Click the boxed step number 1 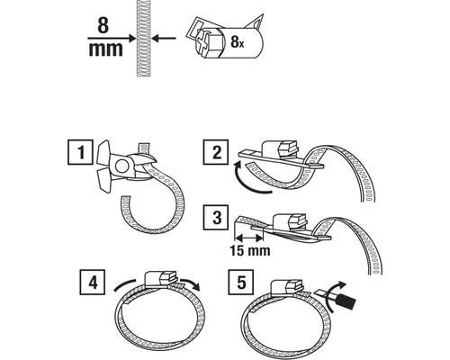pyautogui.click(x=80, y=151)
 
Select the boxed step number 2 pyautogui.click(x=216, y=152)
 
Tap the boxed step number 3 pyautogui.click(x=216, y=218)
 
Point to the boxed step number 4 pyautogui.click(x=93, y=283)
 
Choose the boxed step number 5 pyautogui.click(x=241, y=282)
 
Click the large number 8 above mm pyautogui.click(x=103, y=25)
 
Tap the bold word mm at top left pyautogui.click(x=105, y=49)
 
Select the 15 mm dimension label pyautogui.click(x=250, y=251)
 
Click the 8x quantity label pyautogui.click(x=238, y=42)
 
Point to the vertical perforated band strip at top pyautogui.click(x=143, y=38)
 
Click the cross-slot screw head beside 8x pyautogui.click(x=202, y=43)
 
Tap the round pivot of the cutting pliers pyautogui.click(x=121, y=166)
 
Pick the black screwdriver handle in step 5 pyautogui.click(x=346, y=302)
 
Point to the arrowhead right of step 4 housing pyautogui.click(x=195, y=285)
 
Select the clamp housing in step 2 pyautogui.click(x=281, y=148)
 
